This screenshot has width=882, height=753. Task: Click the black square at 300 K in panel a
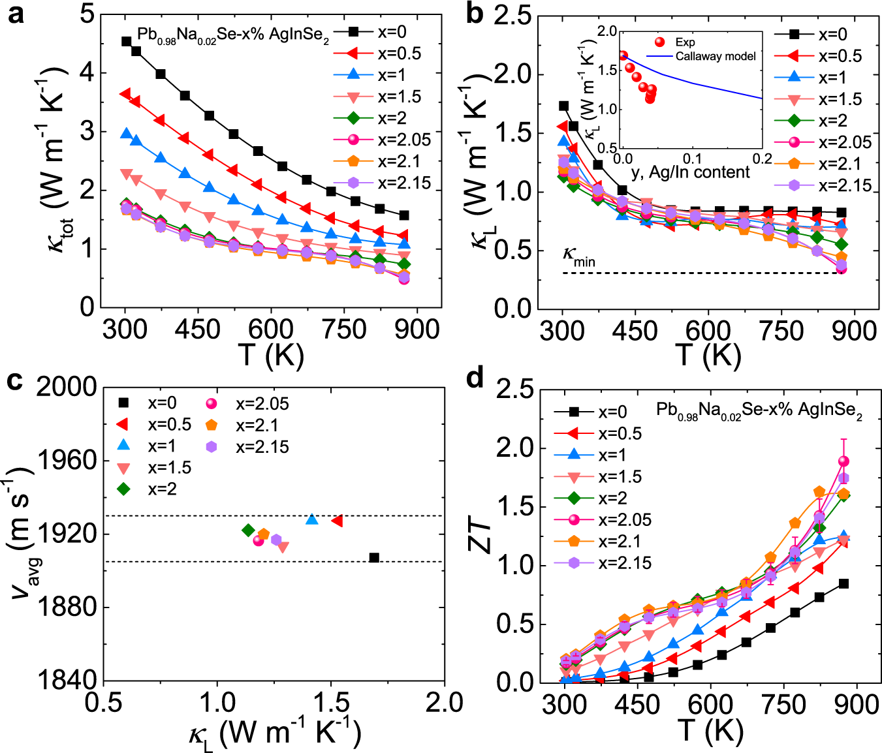click(127, 42)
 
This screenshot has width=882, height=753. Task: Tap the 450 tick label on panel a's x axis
click(198, 330)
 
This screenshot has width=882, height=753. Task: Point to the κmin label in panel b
click(579, 258)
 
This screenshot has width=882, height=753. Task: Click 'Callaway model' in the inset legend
click(716, 57)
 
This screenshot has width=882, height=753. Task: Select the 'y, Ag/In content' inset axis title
click(691, 172)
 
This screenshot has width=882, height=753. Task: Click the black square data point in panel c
click(374, 558)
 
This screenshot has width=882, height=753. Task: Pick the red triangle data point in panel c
click(337, 521)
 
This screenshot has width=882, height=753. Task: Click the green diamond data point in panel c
click(248, 530)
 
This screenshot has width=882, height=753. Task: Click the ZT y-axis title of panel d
click(482, 535)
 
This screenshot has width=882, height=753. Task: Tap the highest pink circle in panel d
click(843, 461)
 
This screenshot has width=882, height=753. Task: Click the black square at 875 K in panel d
click(843, 583)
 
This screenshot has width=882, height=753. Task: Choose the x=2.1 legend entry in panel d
click(620, 542)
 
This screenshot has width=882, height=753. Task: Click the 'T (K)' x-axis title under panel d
click(710, 730)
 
